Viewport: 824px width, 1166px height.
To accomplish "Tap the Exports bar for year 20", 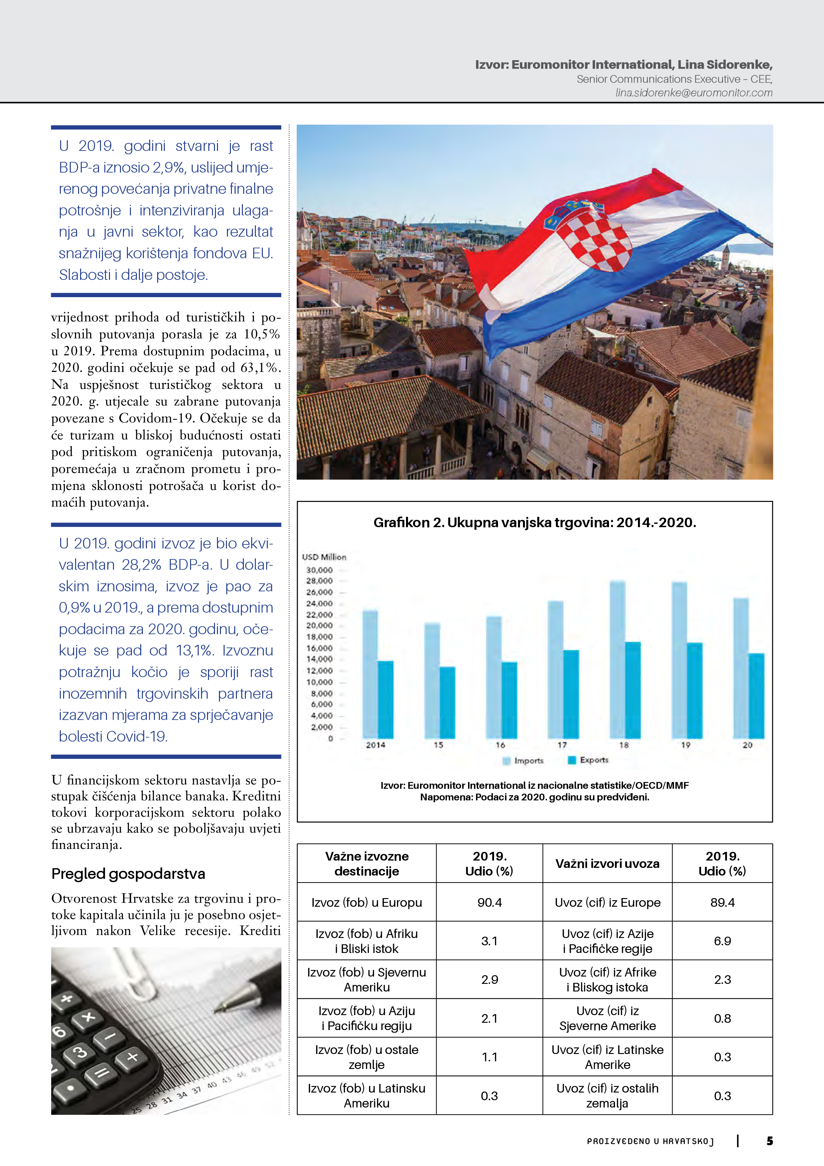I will [x=757, y=695].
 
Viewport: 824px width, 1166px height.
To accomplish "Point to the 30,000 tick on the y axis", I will [x=319, y=570].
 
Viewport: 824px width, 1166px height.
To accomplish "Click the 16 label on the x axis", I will [x=500, y=745].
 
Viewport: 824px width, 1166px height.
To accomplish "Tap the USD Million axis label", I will [x=324, y=557].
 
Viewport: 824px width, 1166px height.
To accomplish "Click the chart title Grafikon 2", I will [x=535, y=523].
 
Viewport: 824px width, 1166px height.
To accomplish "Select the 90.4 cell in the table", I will [x=489, y=902].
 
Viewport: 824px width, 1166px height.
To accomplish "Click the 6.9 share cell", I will [x=722, y=941].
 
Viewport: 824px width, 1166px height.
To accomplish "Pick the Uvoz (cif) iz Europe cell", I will [x=607, y=902].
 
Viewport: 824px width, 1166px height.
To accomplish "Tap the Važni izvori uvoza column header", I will [x=607, y=864].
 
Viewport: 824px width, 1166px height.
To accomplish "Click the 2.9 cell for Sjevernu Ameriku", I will [x=489, y=980].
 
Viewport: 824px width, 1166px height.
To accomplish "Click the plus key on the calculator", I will [x=133, y=1057].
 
